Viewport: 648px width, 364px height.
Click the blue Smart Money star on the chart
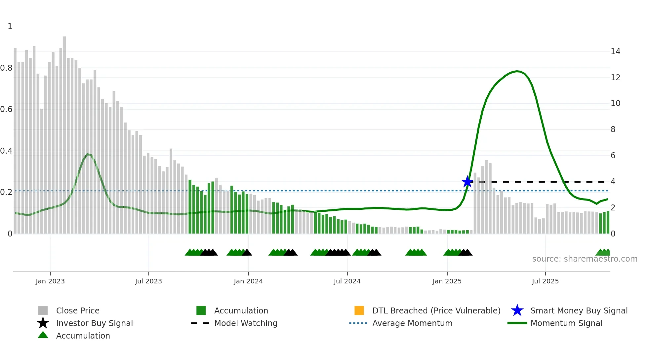[x=467, y=181]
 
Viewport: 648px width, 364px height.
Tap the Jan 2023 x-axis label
[x=50, y=281]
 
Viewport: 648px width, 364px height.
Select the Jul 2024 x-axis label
[x=347, y=281]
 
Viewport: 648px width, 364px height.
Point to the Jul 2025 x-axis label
[x=545, y=281]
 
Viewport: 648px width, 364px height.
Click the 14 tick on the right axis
[x=615, y=52]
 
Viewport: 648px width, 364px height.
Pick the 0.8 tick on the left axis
[x=6, y=68]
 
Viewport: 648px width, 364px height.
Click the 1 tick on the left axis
[x=10, y=26]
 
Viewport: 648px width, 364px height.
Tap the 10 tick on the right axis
[x=615, y=103]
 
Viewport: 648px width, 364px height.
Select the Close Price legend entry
[x=77, y=310]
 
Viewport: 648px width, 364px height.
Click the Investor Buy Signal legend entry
[x=94, y=323]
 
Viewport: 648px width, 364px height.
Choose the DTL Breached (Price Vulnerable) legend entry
[x=436, y=310]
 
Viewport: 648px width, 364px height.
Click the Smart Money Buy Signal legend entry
[x=579, y=310]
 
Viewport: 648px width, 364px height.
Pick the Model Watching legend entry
[x=245, y=323]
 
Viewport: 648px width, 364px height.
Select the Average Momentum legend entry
[x=412, y=323]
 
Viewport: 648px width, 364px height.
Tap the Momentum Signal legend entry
[x=566, y=323]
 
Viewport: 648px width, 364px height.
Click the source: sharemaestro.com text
[x=585, y=259]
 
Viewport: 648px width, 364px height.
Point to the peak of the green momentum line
[x=517, y=71]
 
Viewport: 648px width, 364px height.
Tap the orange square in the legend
[x=359, y=310]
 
